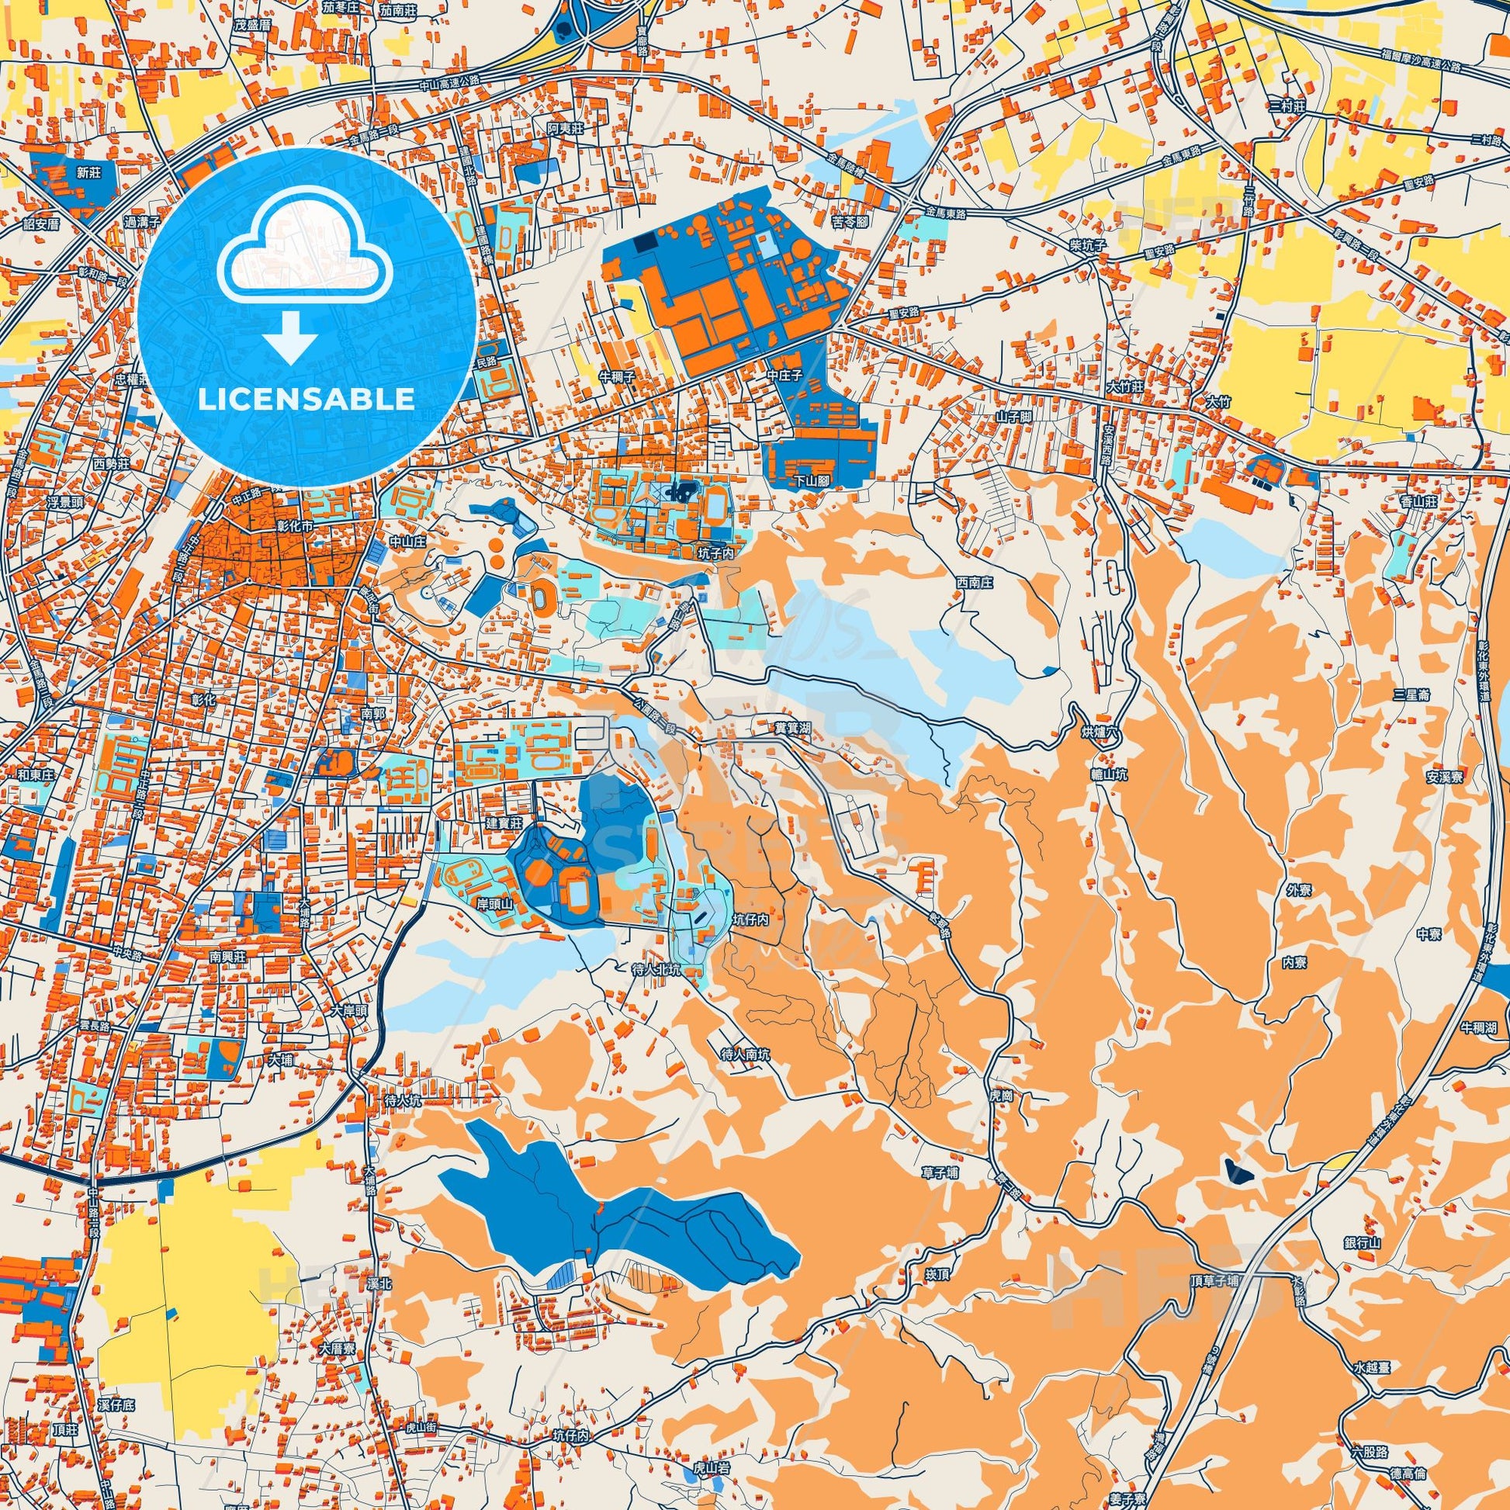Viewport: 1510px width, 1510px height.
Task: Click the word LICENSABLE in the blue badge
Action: [x=307, y=399]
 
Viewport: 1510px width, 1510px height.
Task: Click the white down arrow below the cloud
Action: [x=290, y=338]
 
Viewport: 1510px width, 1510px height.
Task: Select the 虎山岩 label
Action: [x=712, y=1446]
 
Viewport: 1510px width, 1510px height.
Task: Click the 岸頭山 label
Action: [x=496, y=902]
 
